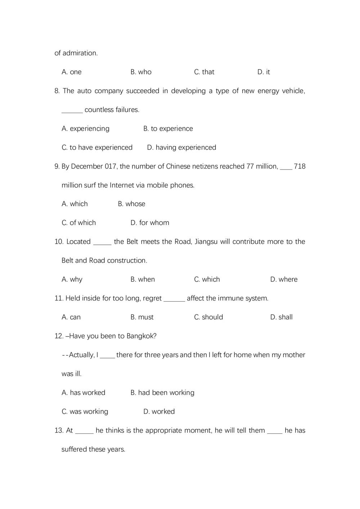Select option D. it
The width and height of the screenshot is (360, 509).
264,72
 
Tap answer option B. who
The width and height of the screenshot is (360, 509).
141,72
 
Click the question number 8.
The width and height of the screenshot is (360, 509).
57,91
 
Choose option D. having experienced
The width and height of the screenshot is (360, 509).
181,148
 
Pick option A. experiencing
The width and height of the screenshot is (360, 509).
85,129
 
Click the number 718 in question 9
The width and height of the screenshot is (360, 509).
300,166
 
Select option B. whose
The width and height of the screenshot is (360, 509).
131,204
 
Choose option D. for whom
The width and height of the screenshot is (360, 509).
150,223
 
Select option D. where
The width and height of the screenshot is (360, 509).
284,279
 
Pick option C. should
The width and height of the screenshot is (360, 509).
208,317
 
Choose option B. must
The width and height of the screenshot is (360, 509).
142,317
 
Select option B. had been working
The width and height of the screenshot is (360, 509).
162,393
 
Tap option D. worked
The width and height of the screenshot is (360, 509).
159,411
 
